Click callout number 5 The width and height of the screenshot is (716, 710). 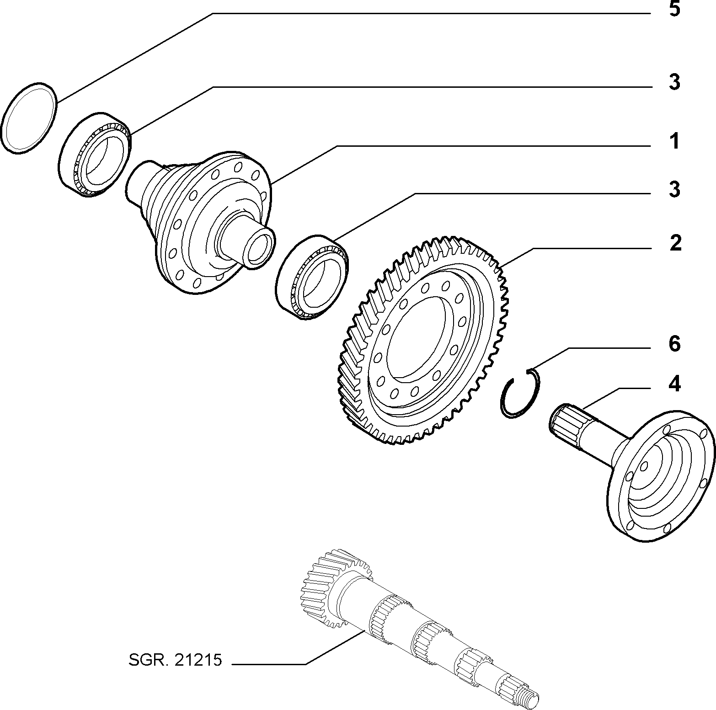pyautogui.click(x=674, y=10)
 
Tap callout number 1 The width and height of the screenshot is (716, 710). pyautogui.click(x=674, y=142)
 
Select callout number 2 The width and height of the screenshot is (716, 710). pyautogui.click(x=675, y=242)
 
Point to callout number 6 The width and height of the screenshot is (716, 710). pyautogui.click(x=675, y=344)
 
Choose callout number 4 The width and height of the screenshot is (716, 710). pyautogui.click(x=675, y=384)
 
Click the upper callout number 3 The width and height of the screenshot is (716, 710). pyautogui.click(x=675, y=82)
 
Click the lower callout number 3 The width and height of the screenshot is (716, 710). pyautogui.click(x=675, y=189)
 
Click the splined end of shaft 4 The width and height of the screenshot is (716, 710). pyautogui.click(x=566, y=419)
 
